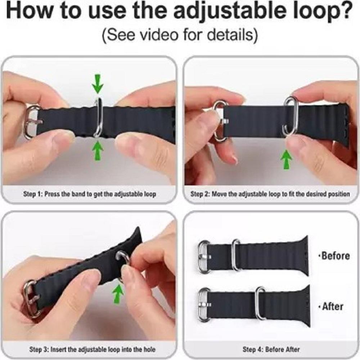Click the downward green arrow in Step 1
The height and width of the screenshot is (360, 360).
click(x=98, y=84)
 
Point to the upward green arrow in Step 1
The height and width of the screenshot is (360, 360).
click(x=98, y=150)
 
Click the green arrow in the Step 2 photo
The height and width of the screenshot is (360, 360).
click(x=286, y=159)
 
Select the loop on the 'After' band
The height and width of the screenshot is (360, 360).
click(x=261, y=303)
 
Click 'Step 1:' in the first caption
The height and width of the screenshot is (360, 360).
click(x=33, y=194)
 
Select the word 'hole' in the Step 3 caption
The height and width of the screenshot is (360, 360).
click(x=149, y=350)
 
